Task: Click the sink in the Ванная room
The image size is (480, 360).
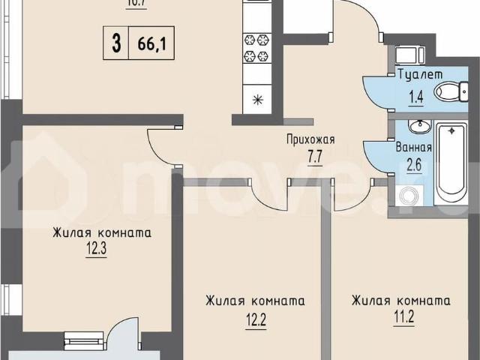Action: pos(419,125)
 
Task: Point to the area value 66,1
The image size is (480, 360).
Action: pos(151,42)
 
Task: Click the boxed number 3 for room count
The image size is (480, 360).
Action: pos(116,42)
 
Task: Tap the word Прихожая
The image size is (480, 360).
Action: pos(310,139)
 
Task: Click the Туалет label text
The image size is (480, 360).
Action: pos(420,74)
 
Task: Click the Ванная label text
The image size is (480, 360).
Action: pos(412,147)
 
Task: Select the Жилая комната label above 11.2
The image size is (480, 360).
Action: pos(401,301)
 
